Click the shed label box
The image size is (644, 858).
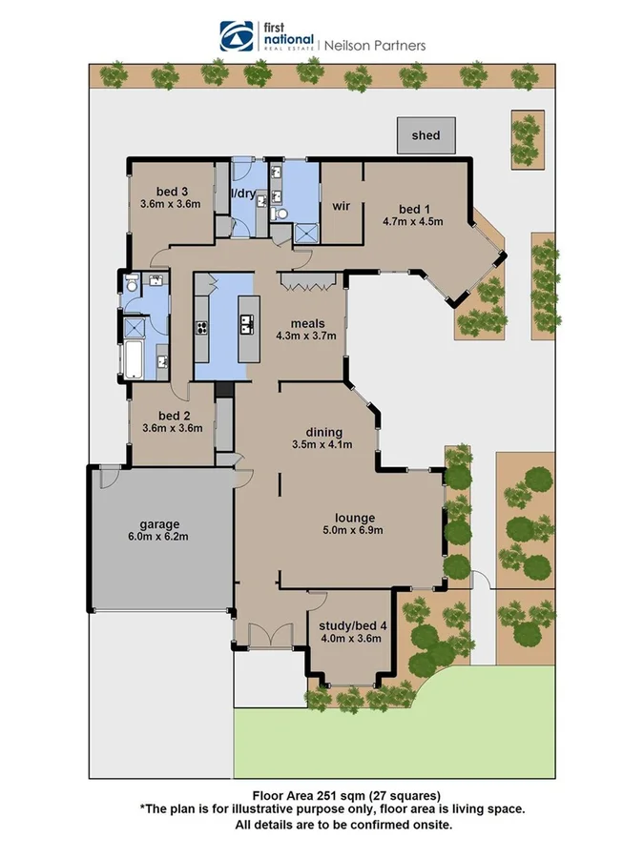426,135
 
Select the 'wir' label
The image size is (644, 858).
341,206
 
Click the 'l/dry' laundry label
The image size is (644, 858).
243,194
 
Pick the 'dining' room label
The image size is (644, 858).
323,431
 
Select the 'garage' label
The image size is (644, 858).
159,523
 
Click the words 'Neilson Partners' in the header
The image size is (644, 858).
376,44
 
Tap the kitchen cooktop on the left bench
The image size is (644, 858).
202,328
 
